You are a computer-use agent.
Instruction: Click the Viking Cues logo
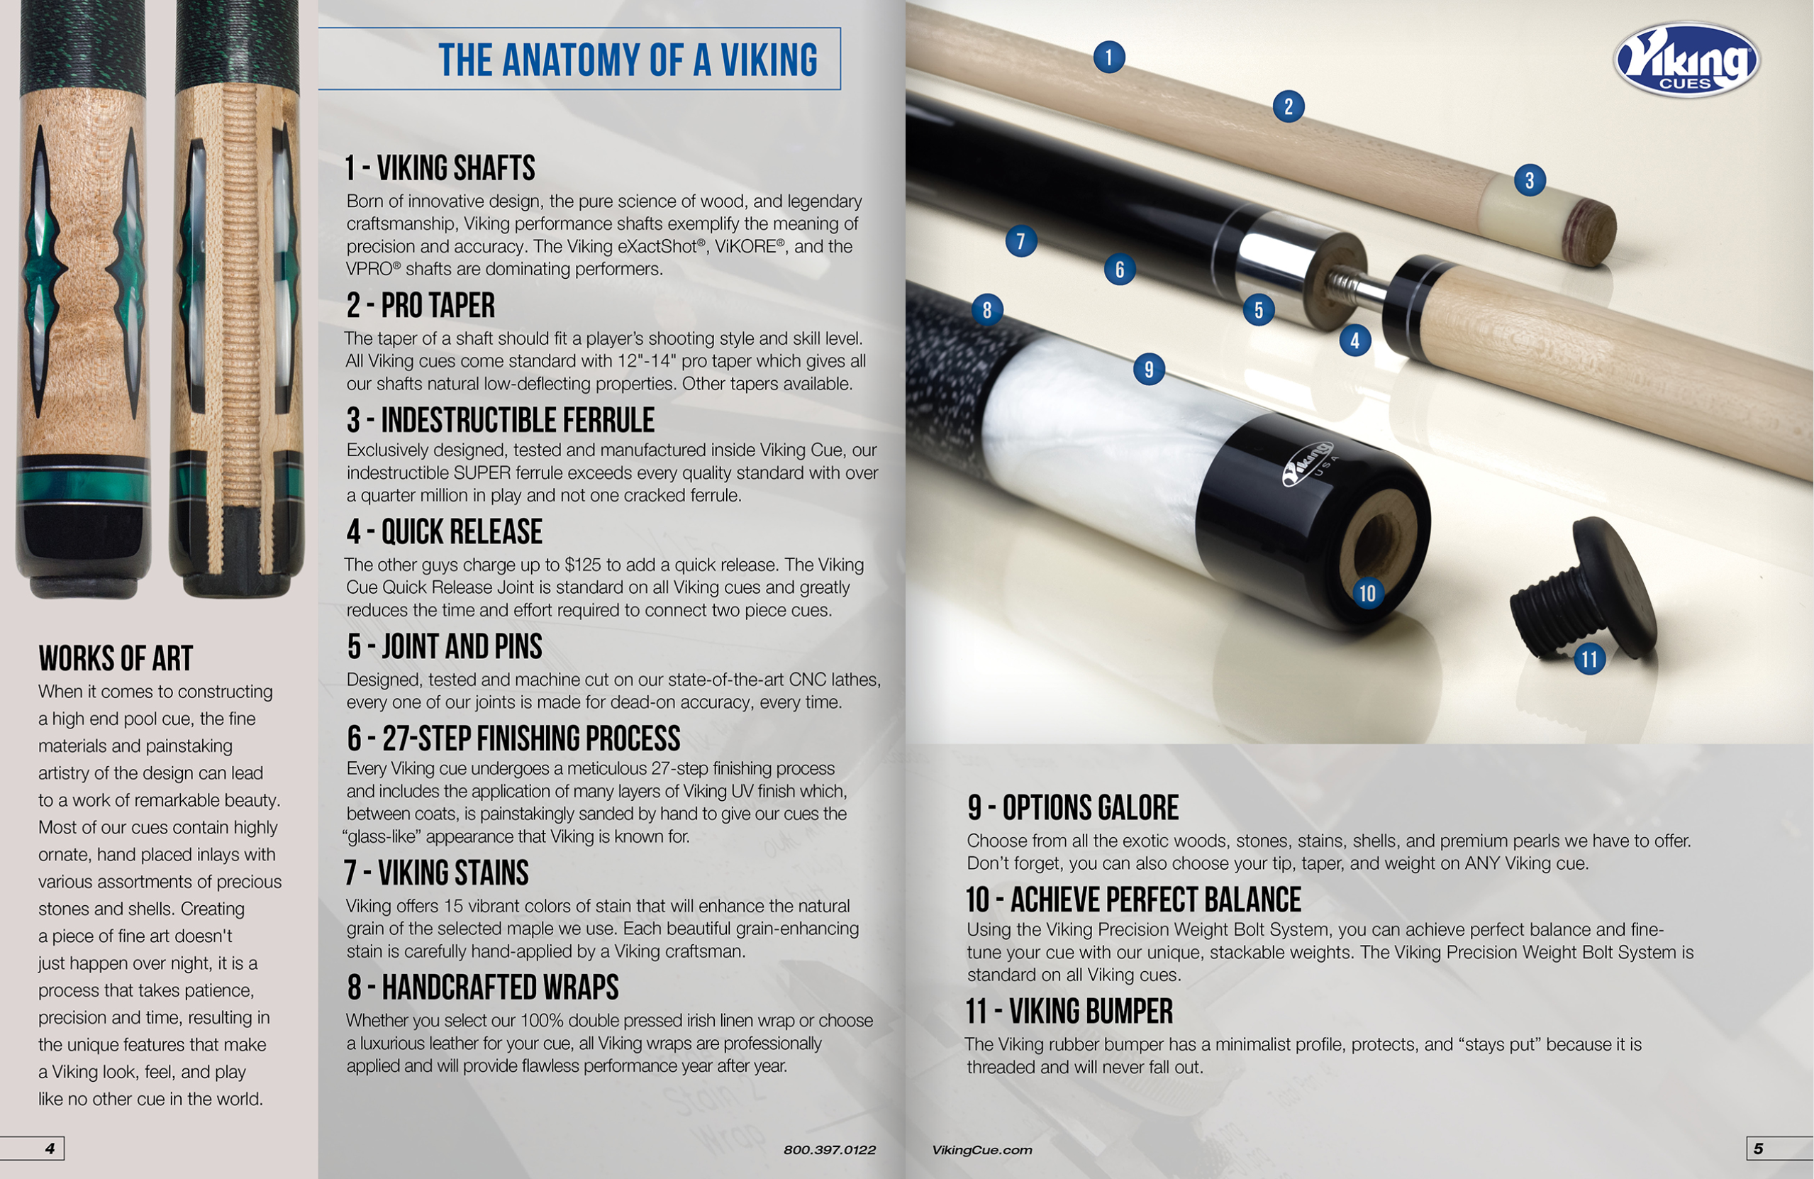(1686, 60)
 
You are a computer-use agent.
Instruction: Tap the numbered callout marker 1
(1109, 57)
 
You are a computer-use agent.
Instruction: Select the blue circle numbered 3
(1530, 181)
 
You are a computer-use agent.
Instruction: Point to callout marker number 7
(1021, 241)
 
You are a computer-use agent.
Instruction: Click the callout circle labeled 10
(1367, 592)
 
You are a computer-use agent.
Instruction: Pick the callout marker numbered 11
(1590, 659)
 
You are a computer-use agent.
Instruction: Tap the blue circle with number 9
(1150, 369)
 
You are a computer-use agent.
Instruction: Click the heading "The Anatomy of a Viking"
(628, 60)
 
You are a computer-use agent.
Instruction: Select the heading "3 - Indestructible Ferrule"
(500, 420)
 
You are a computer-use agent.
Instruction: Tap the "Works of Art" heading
(116, 658)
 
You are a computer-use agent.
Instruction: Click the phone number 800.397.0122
(829, 1150)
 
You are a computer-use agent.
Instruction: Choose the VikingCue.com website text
(981, 1150)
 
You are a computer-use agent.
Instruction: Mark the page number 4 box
(33, 1148)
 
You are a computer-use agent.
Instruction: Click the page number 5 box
(1779, 1148)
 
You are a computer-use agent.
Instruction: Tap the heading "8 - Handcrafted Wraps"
(482, 987)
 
